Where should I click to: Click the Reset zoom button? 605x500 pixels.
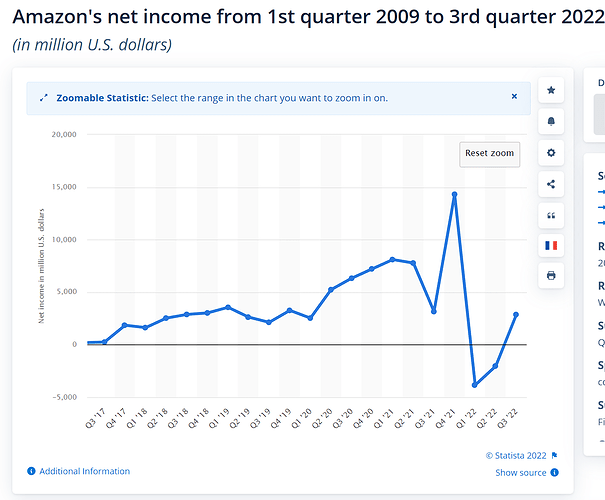coord(489,153)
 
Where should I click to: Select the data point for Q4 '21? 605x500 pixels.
coord(454,194)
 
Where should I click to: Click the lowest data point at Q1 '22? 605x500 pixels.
coord(474,385)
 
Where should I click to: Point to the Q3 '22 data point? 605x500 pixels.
coord(515,314)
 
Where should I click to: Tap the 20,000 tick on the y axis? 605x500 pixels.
coord(63,134)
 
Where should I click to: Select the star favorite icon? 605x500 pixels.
coord(551,91)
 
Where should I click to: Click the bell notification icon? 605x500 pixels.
coord(551,122)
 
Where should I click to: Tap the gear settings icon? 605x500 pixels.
coord(551,153)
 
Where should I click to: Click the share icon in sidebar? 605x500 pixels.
coord(551,184)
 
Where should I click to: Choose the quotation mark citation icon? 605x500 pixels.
coord(551,215)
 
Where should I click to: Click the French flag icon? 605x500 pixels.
coord(551,245)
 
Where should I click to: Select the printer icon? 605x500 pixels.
coord(551,276)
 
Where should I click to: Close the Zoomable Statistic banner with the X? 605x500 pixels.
coord(514,97)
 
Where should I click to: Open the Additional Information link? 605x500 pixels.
coord(84,471)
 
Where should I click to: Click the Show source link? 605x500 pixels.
coord(521,473)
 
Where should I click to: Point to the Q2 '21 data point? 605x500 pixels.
coord(412,263)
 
